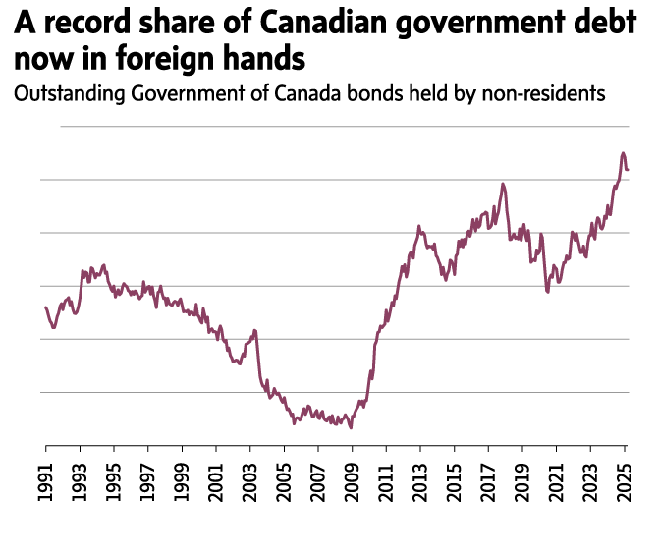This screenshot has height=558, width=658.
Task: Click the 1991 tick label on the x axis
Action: click(46, 479)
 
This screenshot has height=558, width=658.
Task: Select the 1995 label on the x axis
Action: click(115, 479)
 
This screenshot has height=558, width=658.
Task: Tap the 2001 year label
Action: click(217, 479)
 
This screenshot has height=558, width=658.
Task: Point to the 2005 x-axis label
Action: click(285, 479)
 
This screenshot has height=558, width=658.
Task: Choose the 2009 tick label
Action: click(353, 479)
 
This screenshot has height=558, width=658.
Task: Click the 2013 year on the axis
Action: click(420, 479)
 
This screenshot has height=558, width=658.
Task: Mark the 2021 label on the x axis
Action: click(557, 479)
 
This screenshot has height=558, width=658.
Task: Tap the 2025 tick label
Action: click(625, 479)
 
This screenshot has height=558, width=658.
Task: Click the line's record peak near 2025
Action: click(623, 153)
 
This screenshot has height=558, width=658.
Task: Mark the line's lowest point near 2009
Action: click(351, 427)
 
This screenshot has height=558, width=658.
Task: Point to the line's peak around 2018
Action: click(503, 184)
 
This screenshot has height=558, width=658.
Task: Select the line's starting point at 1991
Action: click(46, 307)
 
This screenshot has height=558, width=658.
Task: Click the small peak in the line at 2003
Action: click(254, 330)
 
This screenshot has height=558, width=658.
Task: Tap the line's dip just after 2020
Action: click(547, 291)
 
